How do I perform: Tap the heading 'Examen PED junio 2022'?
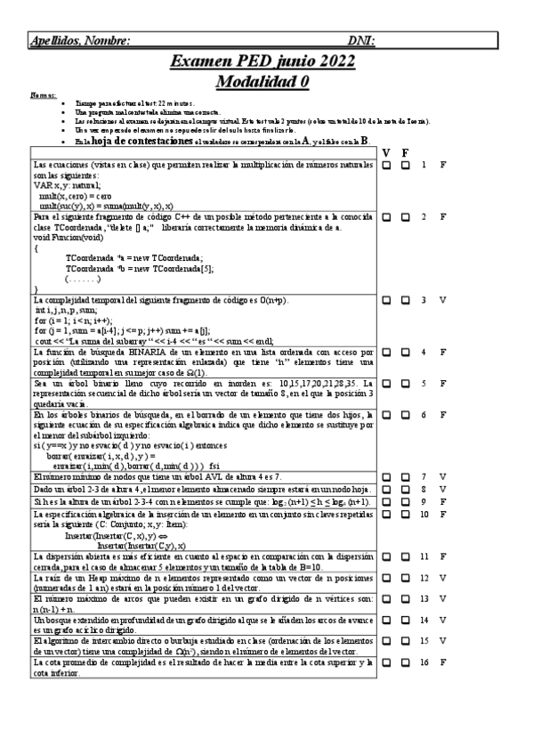pos(262,61)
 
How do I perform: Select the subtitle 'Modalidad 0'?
pos(262,81)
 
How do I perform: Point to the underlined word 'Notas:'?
pos(42,95)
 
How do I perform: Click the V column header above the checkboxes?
pos(386,153)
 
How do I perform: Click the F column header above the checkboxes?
pos(405,153)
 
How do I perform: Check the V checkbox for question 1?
pos(386,166)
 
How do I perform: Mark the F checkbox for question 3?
pos(405,300)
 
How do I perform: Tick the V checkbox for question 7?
pos(386,477)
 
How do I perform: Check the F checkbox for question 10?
pos(405,515)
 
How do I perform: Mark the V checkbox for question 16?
pos(386,663)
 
